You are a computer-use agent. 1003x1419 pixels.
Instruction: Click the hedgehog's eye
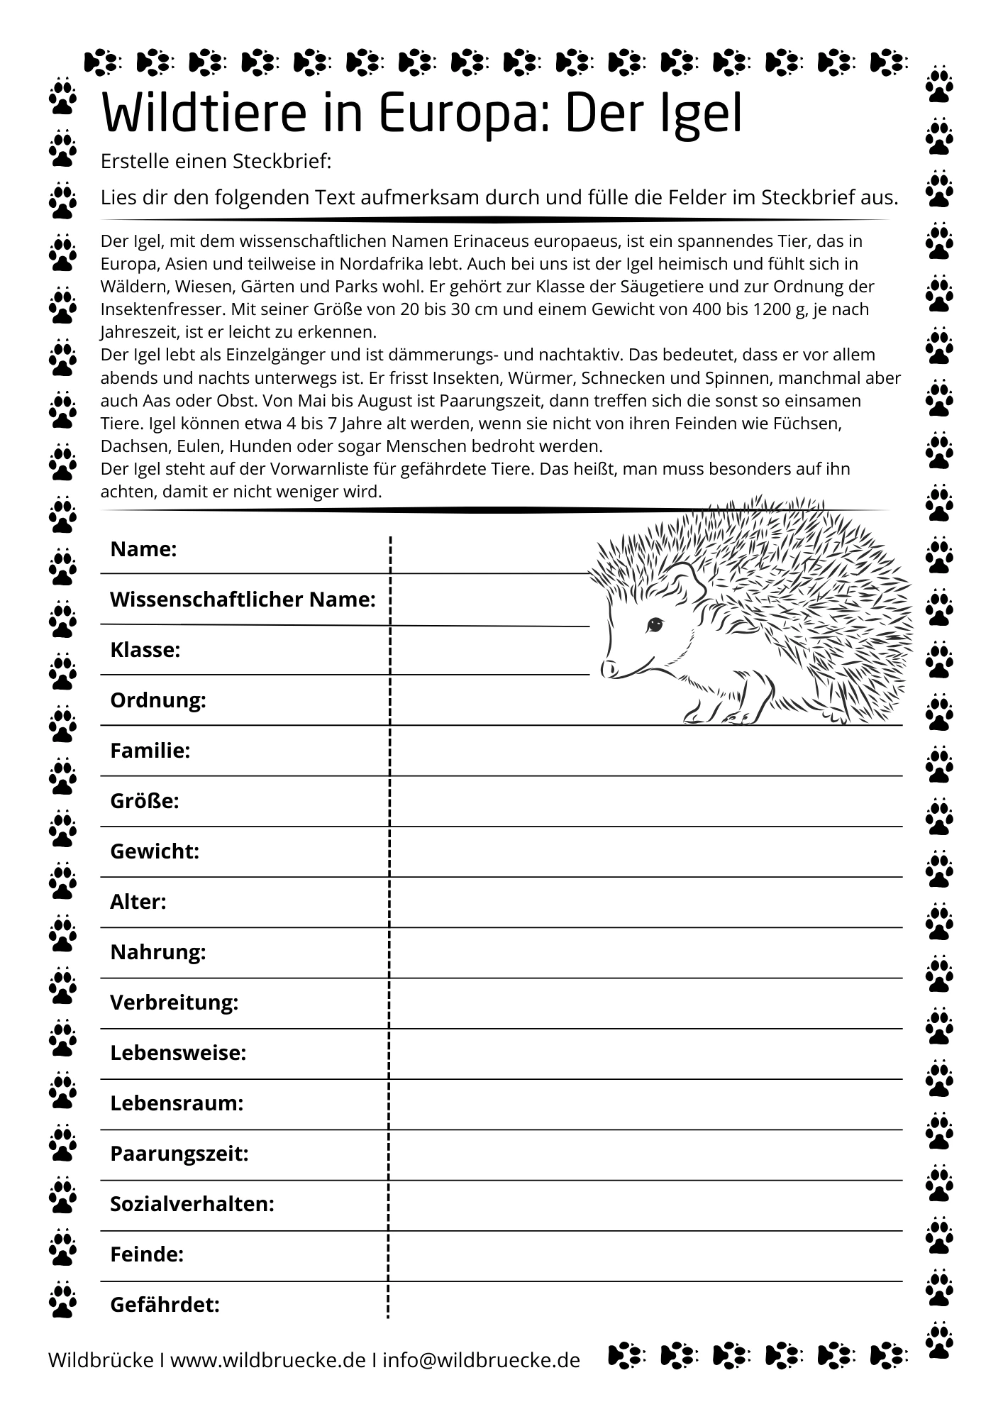(653, 625)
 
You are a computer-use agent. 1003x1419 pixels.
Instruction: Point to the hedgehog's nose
(609, 668)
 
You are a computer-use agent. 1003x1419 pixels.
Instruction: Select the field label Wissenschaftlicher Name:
(243, 600)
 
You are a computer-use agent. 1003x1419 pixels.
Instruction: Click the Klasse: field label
(145, 650)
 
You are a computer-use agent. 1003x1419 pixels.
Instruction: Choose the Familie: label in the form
(150, 751)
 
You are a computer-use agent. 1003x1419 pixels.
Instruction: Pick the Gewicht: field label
(154, 851)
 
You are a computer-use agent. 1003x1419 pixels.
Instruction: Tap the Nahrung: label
(157, 952)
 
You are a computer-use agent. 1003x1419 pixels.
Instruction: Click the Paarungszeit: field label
(179, 1154)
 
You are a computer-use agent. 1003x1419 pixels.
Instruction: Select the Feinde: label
(146, 1255)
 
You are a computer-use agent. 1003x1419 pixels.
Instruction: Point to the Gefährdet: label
(165, 1305)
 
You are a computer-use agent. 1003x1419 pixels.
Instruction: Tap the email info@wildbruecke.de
(481, 1360)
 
